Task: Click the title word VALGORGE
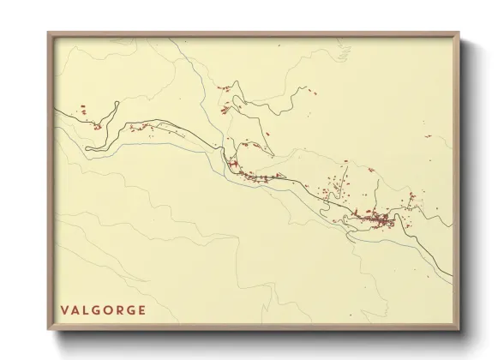pos(103,310)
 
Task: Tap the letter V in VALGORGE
pos(64,310)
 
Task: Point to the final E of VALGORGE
pos(141,310)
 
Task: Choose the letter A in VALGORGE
pos(75,310)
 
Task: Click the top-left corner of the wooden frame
pos(49,33)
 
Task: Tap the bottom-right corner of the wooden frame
pos(459,329)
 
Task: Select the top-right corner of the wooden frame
pos(459,33)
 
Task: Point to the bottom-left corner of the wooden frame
pos(49,329)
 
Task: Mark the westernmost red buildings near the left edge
pos(83,109)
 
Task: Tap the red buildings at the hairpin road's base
pos(97,127)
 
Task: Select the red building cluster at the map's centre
pos(253,176)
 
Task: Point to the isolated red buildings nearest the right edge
pos(428,135)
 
